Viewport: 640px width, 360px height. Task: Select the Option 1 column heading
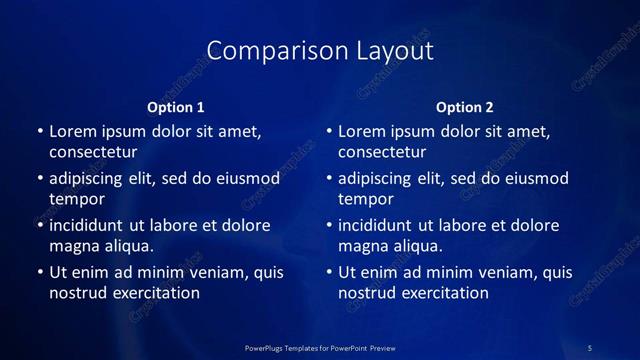(x=176, y=107)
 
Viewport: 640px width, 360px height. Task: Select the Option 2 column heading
(x=465, y=107)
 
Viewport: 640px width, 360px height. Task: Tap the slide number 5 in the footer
(x=590, y=347)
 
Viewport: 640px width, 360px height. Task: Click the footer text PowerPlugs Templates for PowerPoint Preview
(x=320, y=347)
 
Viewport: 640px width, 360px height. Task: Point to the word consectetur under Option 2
(x=382, y=152)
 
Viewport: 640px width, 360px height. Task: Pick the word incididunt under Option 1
(x=91, y=226)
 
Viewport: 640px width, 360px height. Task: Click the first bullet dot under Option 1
(x=40, y=132)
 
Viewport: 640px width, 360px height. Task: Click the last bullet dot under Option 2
(x=329, y=273)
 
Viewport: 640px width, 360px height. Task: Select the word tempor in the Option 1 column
(x=77, y=199)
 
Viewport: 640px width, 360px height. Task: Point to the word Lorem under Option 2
(x=361, y=132)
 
